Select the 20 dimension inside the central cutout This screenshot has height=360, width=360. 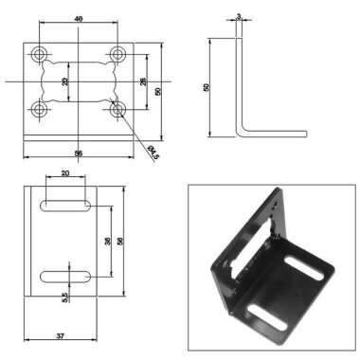[66, 81]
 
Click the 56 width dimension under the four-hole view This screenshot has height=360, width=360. [78, 153]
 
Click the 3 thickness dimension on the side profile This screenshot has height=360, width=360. [239, 16]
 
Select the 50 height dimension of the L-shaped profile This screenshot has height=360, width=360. [207, 87]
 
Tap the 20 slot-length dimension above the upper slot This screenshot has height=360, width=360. [64, 174]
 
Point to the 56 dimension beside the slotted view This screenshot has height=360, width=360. [120, 241]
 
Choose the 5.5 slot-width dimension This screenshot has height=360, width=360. [64, 297]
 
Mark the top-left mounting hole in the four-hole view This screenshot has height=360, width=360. [40, 52]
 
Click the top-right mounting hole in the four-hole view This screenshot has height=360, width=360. [117, 52]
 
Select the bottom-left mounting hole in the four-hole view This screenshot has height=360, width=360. [40, 110]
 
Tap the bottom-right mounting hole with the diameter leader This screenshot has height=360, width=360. [117, 110]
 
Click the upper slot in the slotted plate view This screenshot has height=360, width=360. [65, 205]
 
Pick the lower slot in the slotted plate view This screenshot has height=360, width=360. [65, 276]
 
